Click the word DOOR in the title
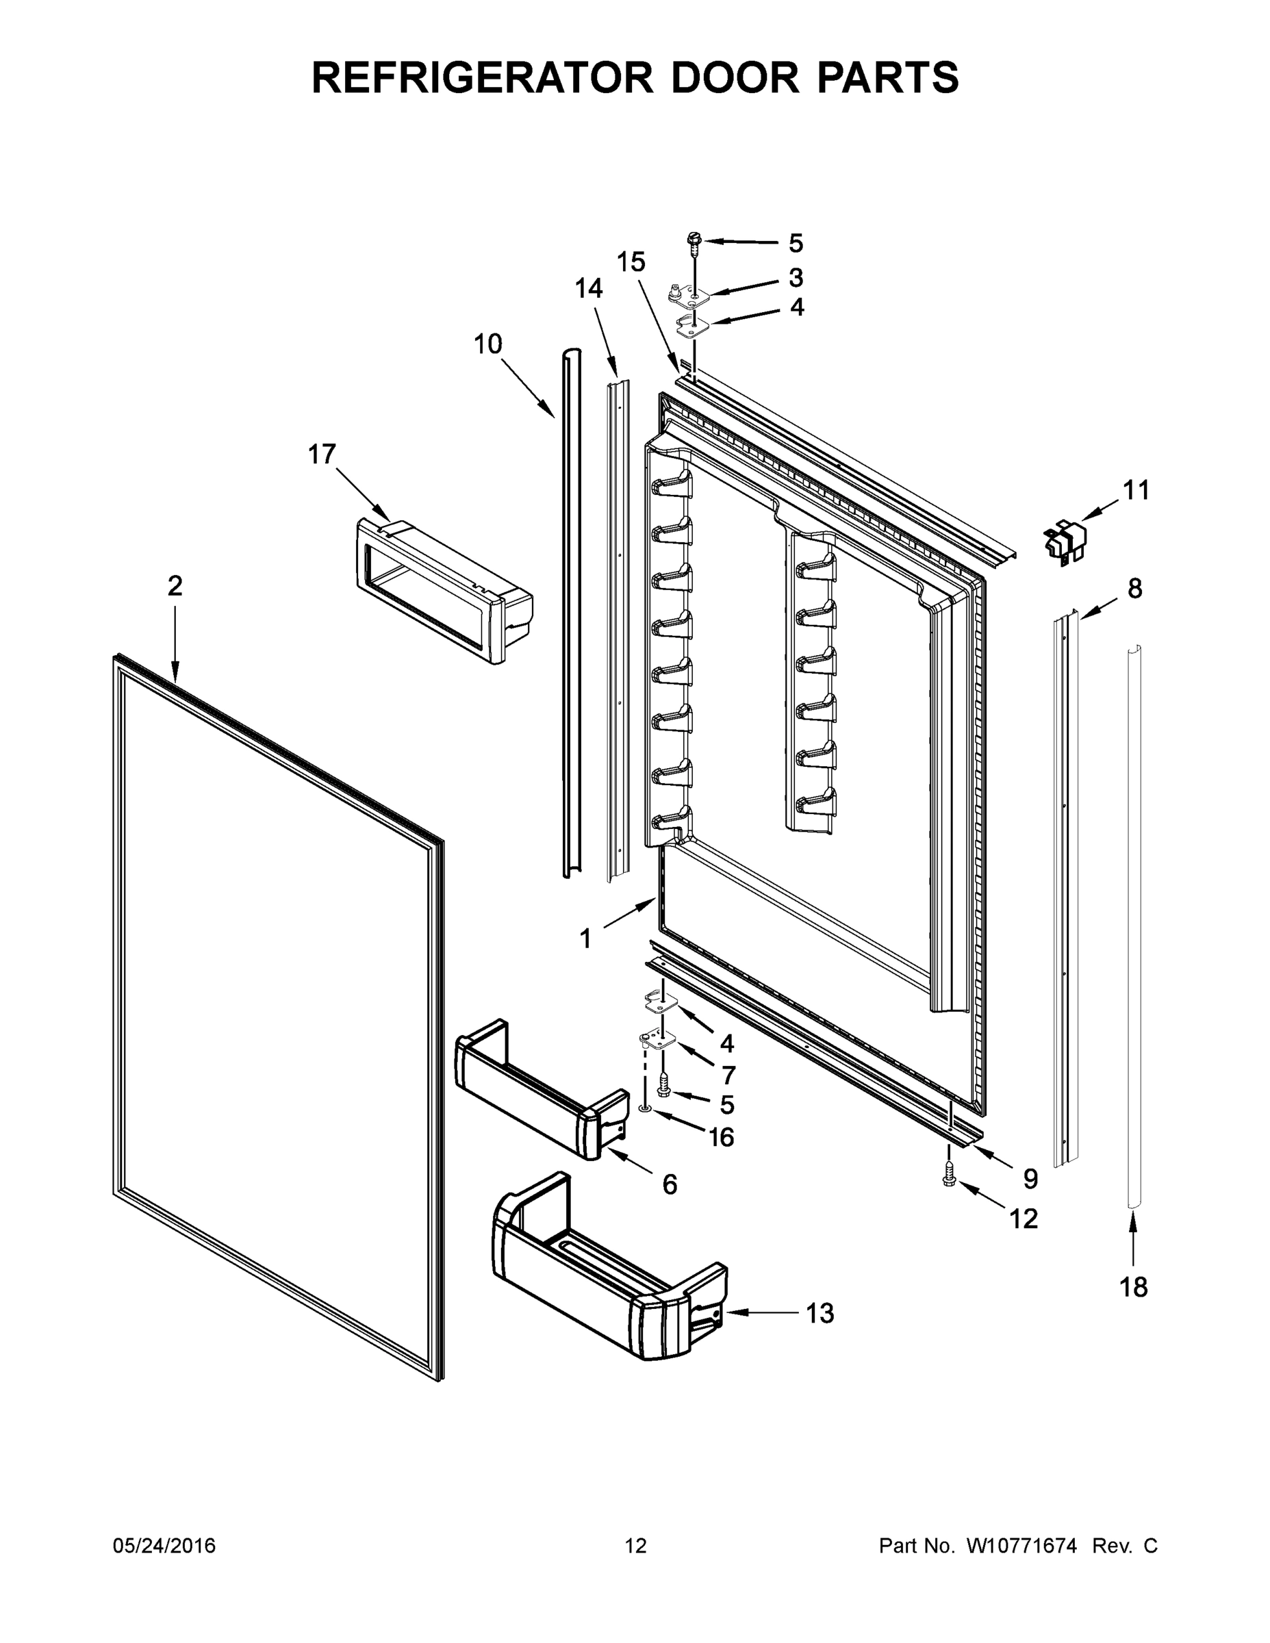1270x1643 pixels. click(735, 77)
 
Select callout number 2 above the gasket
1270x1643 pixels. click(175, 585)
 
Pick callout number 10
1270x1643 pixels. click(487, 344)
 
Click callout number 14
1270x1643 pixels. click(588, 288)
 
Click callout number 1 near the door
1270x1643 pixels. click(585, 938)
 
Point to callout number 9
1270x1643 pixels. click(1030, 1178)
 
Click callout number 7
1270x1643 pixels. click(728, 1074)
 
